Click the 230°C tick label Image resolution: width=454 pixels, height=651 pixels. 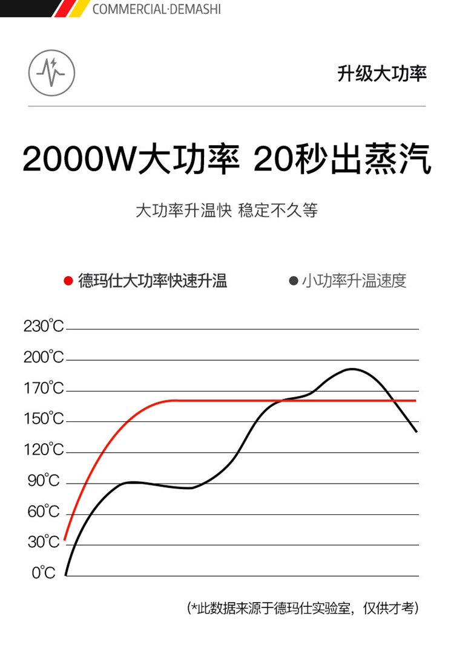pyautogui.click(x=44, y=327)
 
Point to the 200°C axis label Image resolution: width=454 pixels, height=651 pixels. pyautogui.click(x=44, y=358)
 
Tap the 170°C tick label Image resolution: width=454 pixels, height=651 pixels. pyautogui.click(x=44, y=389)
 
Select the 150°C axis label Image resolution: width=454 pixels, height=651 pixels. pyautogui.click(x=44, y=419)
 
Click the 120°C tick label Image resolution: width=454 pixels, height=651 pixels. pyautogui.click(x=44, y=450)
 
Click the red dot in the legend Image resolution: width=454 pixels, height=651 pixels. pyautogui.click(x=68, y=281)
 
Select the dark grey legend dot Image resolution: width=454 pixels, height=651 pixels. pyautogui.click(x=294, y=281)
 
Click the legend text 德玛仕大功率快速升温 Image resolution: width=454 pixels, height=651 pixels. pyautogui.click(x=153, y=281)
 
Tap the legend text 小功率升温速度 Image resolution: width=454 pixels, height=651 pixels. pyautogui.click(x=354, y=281)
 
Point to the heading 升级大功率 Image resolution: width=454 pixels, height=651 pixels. pyautogui.click(x=382, y=74)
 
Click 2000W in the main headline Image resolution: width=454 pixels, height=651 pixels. pyautogui.click(x=79, y=160)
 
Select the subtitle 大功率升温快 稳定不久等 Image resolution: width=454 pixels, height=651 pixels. pyautogui.click(x=226, y=211)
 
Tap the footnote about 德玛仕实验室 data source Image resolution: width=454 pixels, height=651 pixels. pyautogui.click(x=303, y=608)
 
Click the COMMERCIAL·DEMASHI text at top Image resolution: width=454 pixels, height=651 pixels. pyautogui.click(x=157, y=10)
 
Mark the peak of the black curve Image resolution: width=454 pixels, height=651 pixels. pyautogui.click(x=352, y=369)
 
